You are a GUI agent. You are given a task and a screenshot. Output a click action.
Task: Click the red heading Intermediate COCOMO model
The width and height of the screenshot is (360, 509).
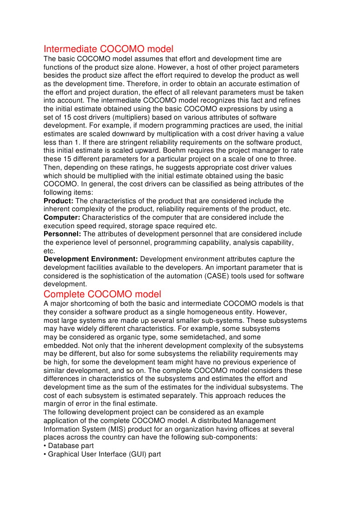pyautogui.click(x=108, y=49)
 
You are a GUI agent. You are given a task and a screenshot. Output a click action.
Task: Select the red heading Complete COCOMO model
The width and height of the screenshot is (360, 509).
pyautogui.click(x=102, y=294)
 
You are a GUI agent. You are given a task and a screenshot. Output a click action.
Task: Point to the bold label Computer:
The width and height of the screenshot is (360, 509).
pyautogui.click(x=62, y=217)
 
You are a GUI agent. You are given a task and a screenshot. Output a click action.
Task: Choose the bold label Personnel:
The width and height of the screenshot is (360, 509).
pyautogui.click(x=63, y=234)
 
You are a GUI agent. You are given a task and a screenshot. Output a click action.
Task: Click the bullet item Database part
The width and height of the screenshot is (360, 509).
pyautogui.click(x=71, y=445)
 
